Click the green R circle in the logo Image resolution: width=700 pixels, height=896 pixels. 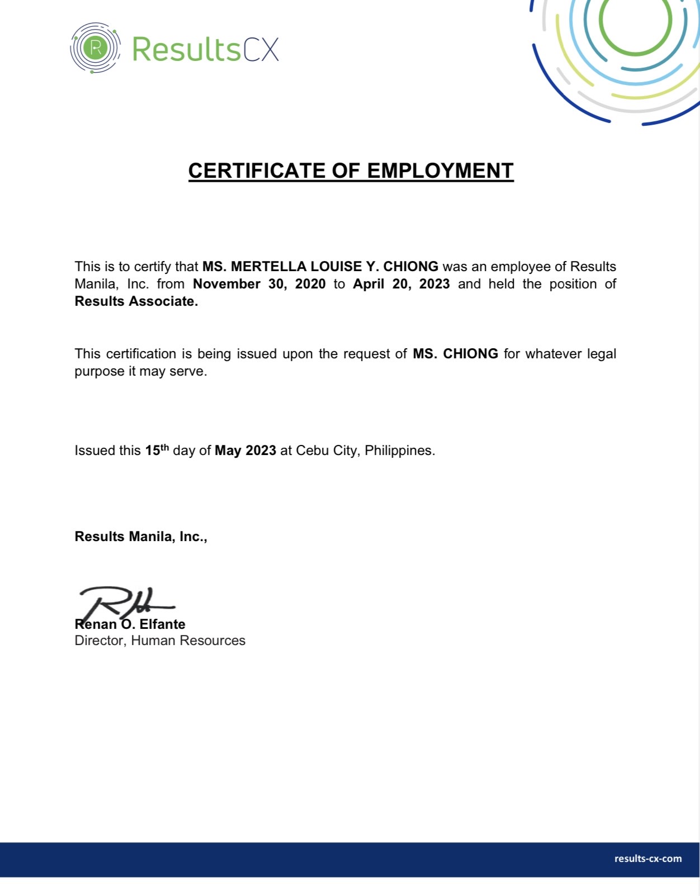(95, 48)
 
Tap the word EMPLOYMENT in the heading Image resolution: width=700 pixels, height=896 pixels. (440, 170)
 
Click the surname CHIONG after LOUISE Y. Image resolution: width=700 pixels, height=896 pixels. (410, 267)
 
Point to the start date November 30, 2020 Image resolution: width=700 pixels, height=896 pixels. (259, 284)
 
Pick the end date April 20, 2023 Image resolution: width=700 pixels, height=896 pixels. (401, 284)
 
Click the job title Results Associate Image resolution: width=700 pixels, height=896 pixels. (136, 301)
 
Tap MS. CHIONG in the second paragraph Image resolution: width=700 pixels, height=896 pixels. (455, 354)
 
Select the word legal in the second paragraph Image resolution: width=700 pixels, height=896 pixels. (601, 354)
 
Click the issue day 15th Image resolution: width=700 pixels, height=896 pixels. (157, 450)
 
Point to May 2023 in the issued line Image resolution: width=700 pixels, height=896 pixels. (245, 451)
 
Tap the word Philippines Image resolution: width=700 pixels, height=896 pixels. (399, 451)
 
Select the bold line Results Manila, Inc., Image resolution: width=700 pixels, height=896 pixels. (141, 537)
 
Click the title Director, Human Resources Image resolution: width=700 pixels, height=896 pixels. (160, 641)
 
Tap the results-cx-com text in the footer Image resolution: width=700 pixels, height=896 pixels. (647, 859)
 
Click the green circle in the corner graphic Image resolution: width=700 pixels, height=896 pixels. (636, 21)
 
